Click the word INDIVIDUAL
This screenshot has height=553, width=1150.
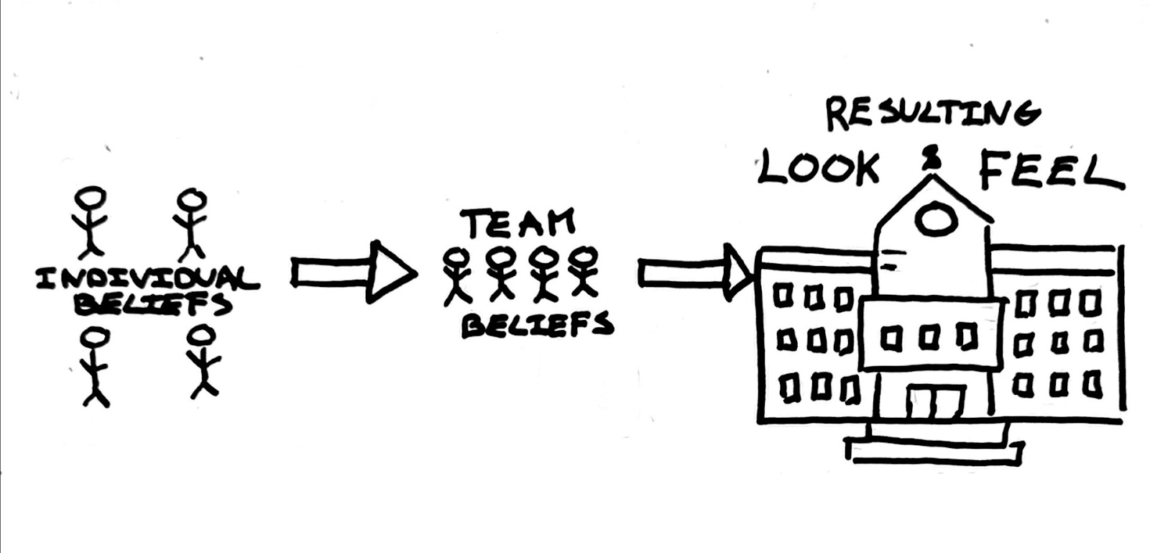point(148,279)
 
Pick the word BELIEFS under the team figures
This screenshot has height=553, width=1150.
point(537,324)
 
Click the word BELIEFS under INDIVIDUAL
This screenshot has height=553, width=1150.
point(153,303)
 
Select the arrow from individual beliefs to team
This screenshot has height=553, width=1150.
point(354,272)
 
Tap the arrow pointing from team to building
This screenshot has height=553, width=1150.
point(696,272)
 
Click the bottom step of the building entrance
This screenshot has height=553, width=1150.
point(934,451)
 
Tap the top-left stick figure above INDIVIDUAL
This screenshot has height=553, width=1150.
point(91,221)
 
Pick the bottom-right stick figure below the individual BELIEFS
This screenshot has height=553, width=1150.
point(204,362)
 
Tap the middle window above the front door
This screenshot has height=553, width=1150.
point(929,339)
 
